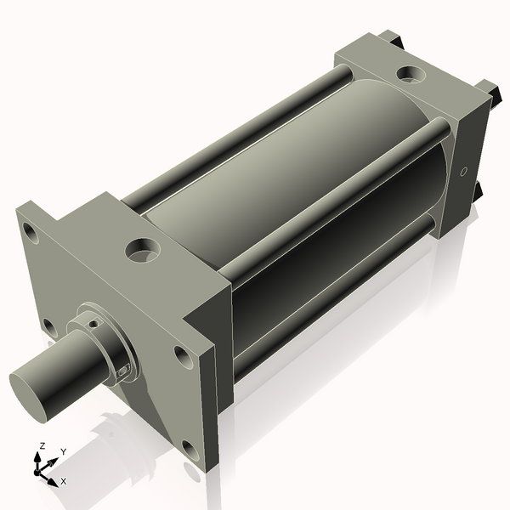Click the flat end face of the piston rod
(x=32, y=394)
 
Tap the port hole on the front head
(x=140, y=250)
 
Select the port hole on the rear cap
(x=412, y=74)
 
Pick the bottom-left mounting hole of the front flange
(x=49, y=326)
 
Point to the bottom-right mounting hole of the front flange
(x=189, y=449)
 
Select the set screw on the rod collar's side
(x=124, y=370)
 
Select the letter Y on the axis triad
(x=63, y=451)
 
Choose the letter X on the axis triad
(x=64, y=481)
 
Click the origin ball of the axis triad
(x=39, y=468)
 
